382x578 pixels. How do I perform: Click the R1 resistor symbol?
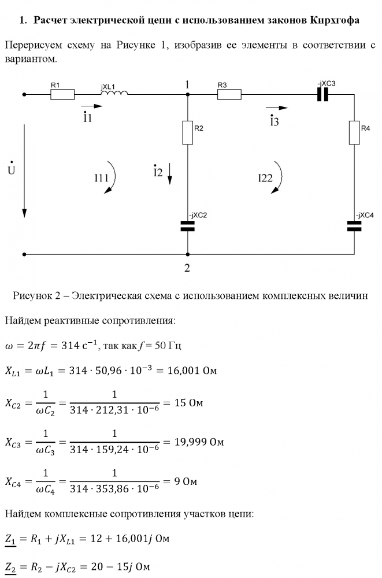(62, 94)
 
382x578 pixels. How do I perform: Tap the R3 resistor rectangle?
(229, 94)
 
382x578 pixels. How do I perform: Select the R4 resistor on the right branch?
(354, 132)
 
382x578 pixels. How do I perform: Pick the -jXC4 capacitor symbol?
(354, 225)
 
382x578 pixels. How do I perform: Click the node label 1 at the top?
(187, 84)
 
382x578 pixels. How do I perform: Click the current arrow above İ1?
(91, 107)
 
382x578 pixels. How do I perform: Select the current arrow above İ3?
(276, 107)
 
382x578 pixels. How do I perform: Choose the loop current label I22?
(265, 179)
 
